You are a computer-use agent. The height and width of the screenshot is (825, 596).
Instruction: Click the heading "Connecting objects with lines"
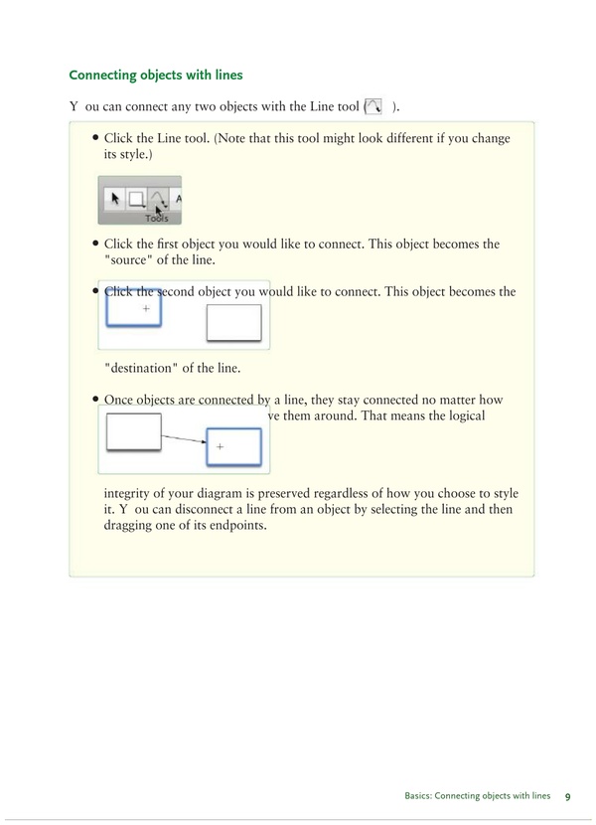pyautogui.click(x=156, y=75)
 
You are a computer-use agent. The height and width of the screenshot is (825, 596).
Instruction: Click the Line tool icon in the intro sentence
pyautogui.click(x=374, y=106)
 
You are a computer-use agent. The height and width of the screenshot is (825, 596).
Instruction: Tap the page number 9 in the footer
pyautogui.click(x=567, y=796)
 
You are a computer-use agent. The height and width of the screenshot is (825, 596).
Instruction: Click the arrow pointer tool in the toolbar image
pyautogui.click(x=115, y=198)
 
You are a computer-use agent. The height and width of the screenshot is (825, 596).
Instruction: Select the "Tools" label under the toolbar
pyautogui.click(x=156, y=218)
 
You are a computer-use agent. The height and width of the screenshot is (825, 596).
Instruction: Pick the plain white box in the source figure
pyautogui.click(x=233, y=323)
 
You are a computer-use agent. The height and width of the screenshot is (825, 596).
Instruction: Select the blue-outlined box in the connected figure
pyautogui.click(x=233, y=447)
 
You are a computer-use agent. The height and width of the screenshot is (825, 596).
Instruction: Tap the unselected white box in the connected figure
pyautogui.click(x=132, y=432)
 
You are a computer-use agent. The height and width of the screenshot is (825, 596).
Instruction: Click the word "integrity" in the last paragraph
pyautogui.click(x=133, y=494)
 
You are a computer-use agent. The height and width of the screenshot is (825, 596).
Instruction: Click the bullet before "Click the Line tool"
pyautogui.click(x=94, y=139)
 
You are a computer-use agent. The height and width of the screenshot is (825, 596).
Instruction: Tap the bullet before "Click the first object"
pyautogui.click(x=94, y=244)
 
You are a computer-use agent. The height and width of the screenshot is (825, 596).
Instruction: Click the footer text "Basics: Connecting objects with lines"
pyautogui.click(x=477, y=796)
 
